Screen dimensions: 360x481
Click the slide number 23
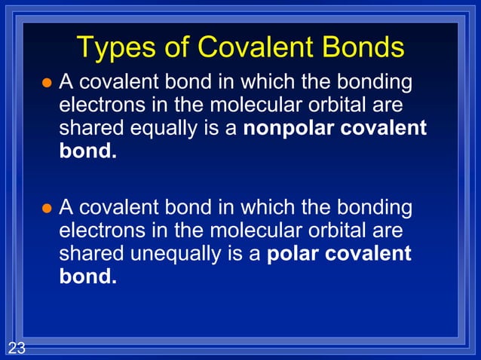click(17, 348)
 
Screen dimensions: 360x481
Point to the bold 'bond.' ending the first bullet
click(88, 151)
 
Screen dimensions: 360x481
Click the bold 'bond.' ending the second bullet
click(88, 277)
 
